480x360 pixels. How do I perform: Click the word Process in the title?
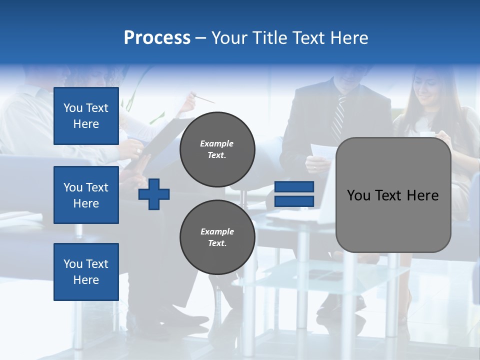[x=157, y=38]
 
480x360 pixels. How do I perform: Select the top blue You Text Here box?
[x=86, y=116]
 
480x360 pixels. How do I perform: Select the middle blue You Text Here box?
[x=86, y=195]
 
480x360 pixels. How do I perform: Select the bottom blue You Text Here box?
[x=86, y=271]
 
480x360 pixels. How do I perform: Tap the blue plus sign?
[x=154, y=194]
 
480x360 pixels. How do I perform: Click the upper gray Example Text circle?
[x=217, y=149]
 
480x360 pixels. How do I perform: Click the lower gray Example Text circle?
[x=217, y=237]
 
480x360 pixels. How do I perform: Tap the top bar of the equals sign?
[x=294, y=187]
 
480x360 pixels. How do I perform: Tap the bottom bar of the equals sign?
[x=294, y=201]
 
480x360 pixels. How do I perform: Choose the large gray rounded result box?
[x=393, y=195]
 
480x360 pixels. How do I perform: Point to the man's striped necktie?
[x=338, y=118]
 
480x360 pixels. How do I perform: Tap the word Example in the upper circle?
[x=217, y=143]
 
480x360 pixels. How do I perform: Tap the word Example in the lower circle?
[x=217, y=231]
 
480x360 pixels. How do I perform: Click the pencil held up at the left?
[x=204, y=98]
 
